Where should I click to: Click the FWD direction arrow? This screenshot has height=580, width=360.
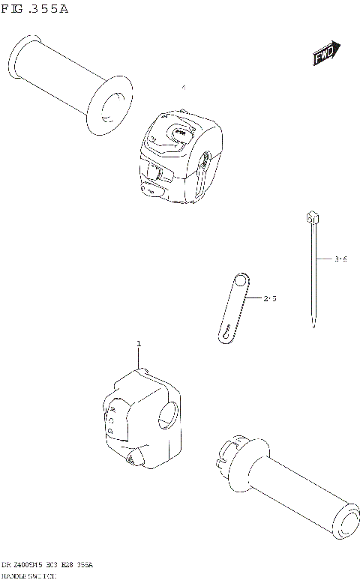click(326, 54)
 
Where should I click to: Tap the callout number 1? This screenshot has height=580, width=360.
click(139, 343)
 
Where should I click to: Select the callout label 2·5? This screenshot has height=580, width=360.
click(270, 298)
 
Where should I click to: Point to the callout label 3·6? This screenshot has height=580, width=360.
click(340, 259)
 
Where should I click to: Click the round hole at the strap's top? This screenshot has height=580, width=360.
click(239, 282)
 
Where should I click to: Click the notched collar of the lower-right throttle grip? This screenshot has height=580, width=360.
click(229, 454)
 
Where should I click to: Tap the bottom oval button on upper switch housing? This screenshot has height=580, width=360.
click(150, 191)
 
